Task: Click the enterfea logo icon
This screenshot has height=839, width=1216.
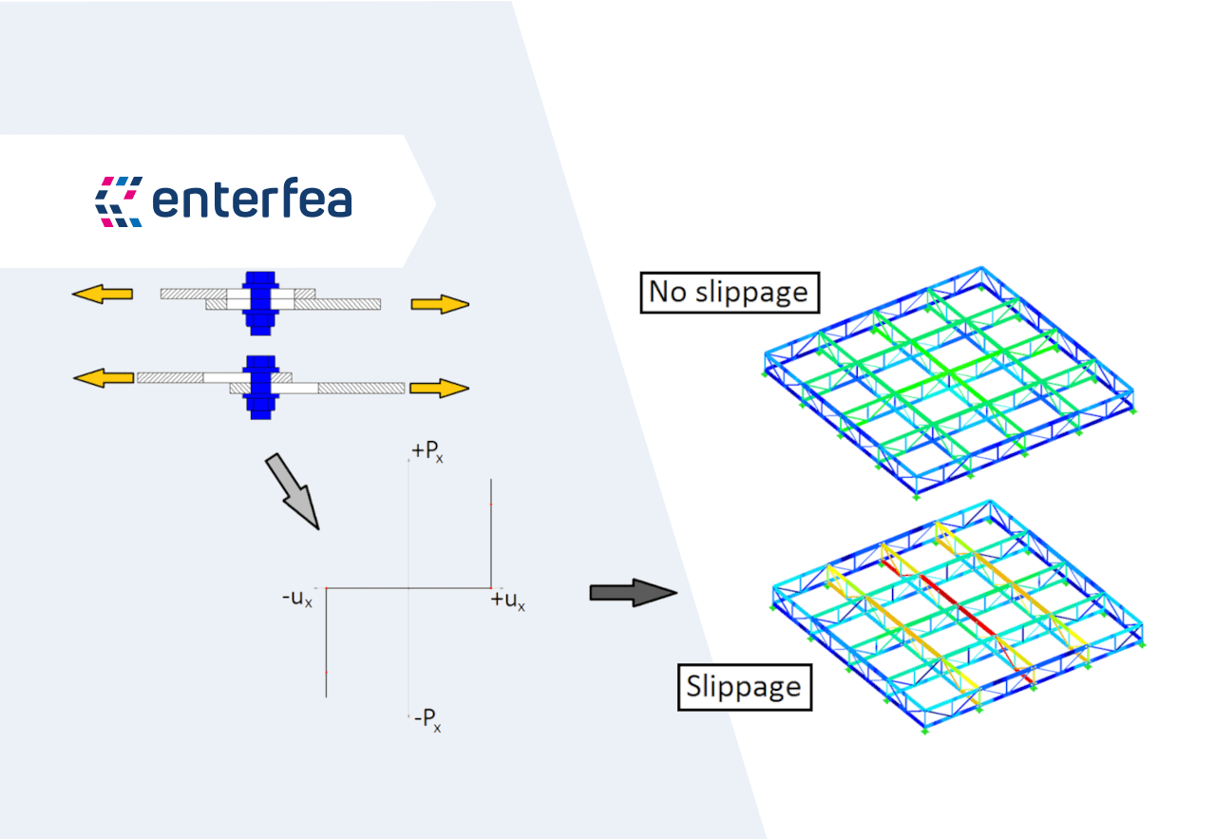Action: (x=119, y=201)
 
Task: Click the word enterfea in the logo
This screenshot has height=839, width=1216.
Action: (x=252, y=200)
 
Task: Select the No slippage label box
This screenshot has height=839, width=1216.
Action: (x=729, y=292)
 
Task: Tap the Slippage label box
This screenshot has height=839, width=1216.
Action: (x=744, y=685)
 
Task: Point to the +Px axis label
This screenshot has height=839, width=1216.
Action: (x=427, y=452)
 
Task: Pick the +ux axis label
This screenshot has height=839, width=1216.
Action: (x=508, y=601)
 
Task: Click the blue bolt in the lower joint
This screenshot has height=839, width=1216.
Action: (x=257, y=386)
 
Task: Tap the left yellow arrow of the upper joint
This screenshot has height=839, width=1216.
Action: (x=102, y=294)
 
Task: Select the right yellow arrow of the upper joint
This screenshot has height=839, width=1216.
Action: (x=440, y=304)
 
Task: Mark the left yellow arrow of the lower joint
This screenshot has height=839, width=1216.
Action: (x=104, y=378)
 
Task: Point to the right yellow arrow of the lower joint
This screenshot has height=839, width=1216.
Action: (x=440, y=388)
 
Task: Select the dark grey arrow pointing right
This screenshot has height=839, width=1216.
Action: (x=632, y=593)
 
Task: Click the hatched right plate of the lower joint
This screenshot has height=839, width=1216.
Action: (x=361, y=388)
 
